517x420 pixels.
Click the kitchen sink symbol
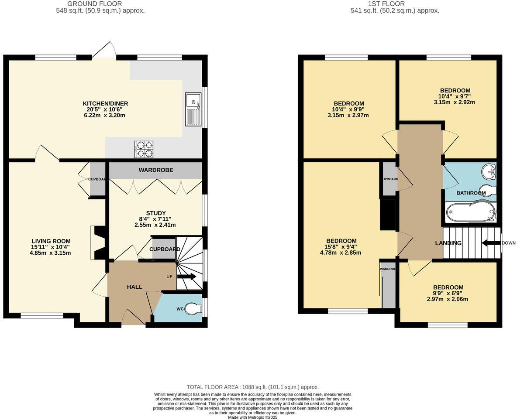(192, 109)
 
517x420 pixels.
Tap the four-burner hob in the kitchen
(144, 149)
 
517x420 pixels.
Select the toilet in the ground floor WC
(193, 309)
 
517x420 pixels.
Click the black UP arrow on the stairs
(187, 277)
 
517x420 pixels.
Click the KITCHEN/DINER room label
(105, 103)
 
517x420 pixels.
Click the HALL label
(134, 287)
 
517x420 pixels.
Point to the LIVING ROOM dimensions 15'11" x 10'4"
(51, 247)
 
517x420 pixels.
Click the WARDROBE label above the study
(156, 170)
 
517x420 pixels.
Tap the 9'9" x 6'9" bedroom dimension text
(448, 293)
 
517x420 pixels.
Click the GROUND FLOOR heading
(100, 3)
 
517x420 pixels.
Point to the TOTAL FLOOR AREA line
(252, 387)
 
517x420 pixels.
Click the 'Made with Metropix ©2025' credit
(252, 417)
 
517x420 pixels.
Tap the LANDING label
(448, 243)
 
